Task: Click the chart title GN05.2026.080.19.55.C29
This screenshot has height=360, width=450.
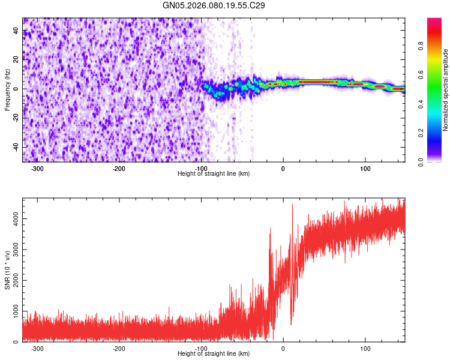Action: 214,5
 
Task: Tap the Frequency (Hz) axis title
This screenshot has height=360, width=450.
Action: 7,90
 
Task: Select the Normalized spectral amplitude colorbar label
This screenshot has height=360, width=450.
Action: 446,90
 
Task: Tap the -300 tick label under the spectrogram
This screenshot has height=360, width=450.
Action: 37,169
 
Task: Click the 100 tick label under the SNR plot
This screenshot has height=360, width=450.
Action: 365,349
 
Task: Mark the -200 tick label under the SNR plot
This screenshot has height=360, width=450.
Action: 119,349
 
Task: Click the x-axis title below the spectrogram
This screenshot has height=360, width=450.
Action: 214,174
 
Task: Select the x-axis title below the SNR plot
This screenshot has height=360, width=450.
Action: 214,354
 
